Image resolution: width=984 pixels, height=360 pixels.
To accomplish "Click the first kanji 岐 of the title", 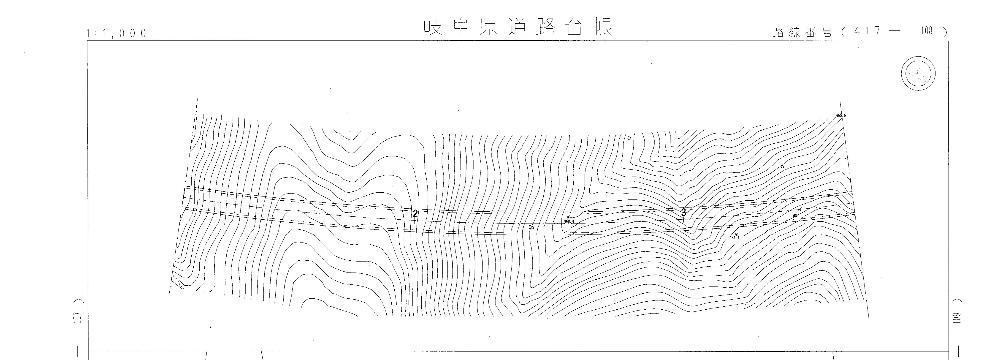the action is click(x=433, y=27).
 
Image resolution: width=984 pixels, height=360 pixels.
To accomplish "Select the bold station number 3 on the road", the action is click(x=683, y=213).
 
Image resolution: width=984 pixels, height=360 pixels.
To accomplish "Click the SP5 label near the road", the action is click(x=795, y=215).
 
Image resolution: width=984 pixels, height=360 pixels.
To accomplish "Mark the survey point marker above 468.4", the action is click(x=568, y=218).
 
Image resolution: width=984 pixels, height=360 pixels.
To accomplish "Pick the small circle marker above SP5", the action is click(x=800, y=209).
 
